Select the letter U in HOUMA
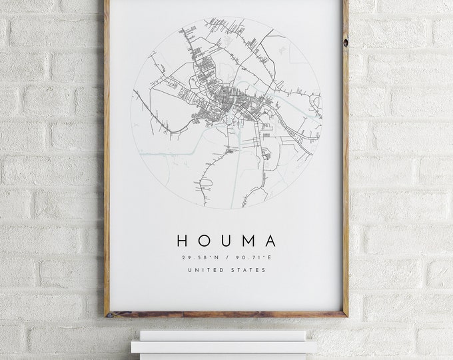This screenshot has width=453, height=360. [x=225, y=241]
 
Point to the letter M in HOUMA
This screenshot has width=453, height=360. [x=247, y=241]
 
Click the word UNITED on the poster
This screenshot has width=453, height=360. [x=205, y=270]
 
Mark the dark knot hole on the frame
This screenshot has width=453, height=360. [x=345, y=43]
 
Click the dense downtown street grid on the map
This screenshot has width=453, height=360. [x=230, y=100]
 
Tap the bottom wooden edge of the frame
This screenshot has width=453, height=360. [x=226, y=313]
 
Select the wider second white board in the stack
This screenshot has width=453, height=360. [x=223, y=347]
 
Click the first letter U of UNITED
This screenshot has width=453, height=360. [x=191, y=270]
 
